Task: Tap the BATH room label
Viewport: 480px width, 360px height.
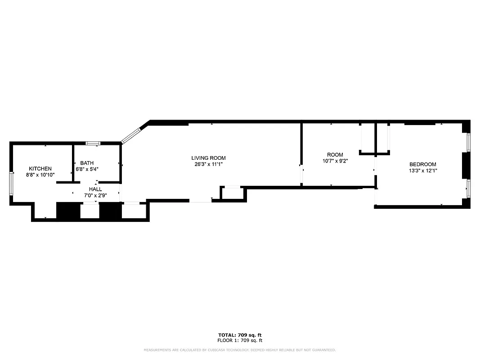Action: coord(87,163)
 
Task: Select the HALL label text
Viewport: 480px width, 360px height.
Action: coord(95,189)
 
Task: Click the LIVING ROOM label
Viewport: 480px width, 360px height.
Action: coord(208,158)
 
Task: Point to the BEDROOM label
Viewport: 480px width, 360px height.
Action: coord(422,164)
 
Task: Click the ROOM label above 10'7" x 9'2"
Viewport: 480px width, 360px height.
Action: coord(335,155)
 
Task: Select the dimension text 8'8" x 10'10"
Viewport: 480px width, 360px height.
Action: coord(40,175)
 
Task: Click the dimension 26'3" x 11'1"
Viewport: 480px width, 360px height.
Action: coord(208,164)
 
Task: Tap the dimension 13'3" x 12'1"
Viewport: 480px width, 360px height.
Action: coord(422,171)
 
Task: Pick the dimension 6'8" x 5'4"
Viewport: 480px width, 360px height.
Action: coord(87,169)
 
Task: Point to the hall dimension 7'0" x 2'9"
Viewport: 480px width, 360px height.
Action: coord(95,195)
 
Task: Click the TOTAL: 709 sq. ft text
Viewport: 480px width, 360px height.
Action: coord(240,335)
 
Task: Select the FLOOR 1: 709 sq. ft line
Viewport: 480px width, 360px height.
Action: coord(240,341)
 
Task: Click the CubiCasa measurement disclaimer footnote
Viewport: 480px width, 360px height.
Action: coord(240,350)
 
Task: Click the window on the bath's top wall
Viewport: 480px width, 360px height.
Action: coord(93,144)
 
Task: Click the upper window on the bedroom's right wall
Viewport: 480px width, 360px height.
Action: coord(468,143)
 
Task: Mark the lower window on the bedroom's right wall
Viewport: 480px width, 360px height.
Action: coord(468,189)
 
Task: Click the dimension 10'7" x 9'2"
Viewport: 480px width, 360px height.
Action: coord(335,161)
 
